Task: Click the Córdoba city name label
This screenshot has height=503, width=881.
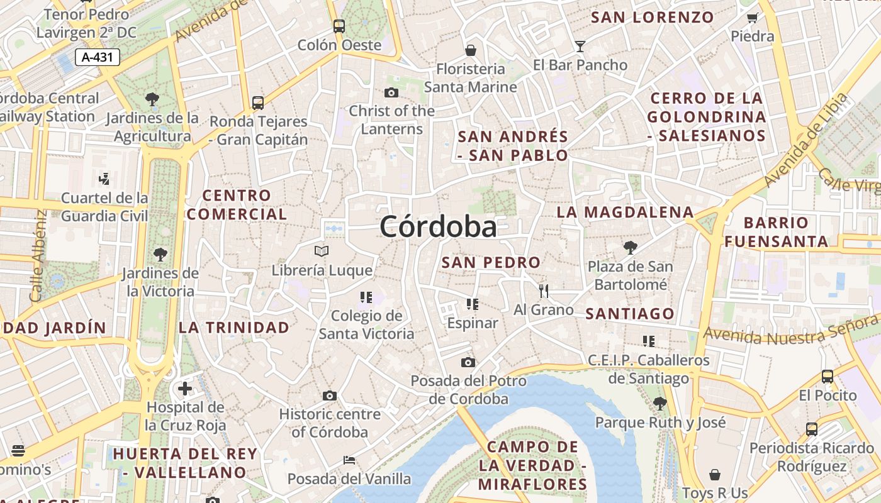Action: (x=438, y=227)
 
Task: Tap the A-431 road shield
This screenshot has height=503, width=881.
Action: (x=98, y=57)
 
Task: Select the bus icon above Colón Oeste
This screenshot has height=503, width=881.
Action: (x=339, y=26)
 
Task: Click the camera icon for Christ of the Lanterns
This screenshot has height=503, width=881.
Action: (x=391, y=92)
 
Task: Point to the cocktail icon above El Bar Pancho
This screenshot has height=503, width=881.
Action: (x=580, y=46)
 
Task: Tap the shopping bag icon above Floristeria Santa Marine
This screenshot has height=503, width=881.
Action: (x=470, y=50)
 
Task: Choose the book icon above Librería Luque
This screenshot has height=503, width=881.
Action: (x=322, y=251)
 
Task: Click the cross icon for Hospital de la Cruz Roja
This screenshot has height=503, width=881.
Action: (x=185, y=389)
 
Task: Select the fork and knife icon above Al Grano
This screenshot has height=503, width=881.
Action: (x=544, y=290)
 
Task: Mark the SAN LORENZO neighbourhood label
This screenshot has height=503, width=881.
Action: (x=653, y=18)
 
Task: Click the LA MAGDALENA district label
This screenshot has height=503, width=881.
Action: (x=625, y=213)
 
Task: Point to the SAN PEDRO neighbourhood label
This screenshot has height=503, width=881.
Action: (x=491, y=263)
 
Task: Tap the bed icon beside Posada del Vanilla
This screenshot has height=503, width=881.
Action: (x=349, y=460)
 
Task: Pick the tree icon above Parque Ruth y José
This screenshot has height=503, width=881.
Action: (x=660, y=403)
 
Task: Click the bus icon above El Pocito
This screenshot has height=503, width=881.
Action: (x=828, y=377)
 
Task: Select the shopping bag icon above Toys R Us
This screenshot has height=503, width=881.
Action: (x=715, y=474)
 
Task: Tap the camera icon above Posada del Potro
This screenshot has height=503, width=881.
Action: (x=468, y=362)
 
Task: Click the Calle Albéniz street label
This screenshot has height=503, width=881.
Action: (x=38, y=255)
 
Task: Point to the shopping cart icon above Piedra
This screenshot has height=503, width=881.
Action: (x=752, y=18)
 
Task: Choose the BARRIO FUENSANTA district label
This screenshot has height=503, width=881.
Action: (x=776, y=232)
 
